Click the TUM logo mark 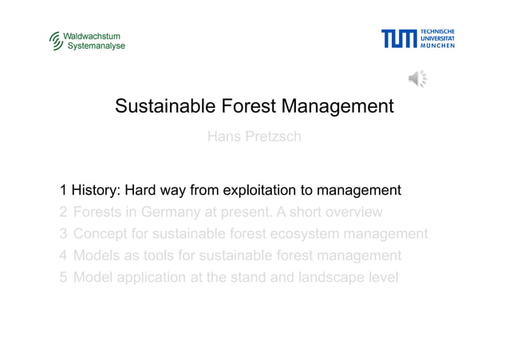(x=398, y=38)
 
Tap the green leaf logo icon (x=55, y=41)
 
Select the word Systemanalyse (x=95, y=46)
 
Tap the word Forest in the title (x=242, y=106)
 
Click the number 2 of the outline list (x=63, y=212)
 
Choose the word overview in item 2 (x=353, y=212)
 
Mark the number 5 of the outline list (x=63, y=278)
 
